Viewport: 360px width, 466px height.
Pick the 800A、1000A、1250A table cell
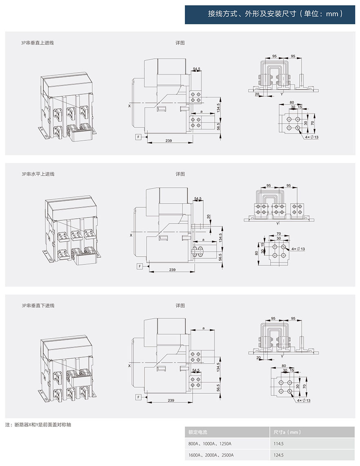point(210,444)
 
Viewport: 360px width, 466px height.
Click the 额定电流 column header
point(198,432)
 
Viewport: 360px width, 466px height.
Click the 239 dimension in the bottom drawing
point(171,400)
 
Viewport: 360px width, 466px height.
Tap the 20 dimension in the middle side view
point(209,216)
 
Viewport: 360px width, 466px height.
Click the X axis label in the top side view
point(130,106)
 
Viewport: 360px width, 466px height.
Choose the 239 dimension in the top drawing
point(169,140)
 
